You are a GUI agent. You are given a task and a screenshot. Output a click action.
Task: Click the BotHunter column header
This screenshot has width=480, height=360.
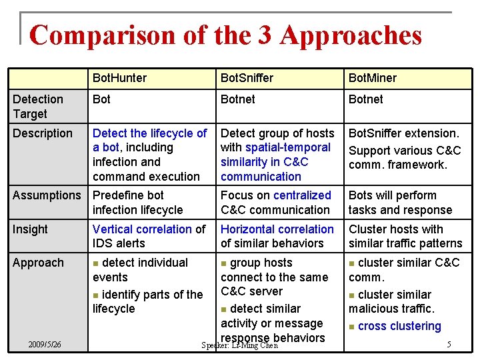119,78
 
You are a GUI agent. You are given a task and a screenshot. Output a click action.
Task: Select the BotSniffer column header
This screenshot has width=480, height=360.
247,78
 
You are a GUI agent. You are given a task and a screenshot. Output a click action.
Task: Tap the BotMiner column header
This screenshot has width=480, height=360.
372,78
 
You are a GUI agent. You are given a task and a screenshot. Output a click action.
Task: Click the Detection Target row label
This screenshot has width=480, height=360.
38,106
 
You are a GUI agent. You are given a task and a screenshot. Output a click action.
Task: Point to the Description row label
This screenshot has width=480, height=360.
43,133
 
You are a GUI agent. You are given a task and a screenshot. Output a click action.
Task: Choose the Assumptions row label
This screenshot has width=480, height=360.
47,195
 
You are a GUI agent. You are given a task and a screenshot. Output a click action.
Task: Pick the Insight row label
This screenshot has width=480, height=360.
31,229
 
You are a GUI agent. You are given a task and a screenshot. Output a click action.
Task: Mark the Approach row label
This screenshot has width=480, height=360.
38,263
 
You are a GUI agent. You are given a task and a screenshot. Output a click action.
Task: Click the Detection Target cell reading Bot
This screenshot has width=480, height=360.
101,99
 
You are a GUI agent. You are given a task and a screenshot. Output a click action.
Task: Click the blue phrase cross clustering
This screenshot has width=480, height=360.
399,326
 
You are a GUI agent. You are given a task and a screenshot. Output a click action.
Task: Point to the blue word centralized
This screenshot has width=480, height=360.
302,195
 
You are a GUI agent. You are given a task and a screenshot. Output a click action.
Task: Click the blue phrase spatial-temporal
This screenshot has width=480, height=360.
288,147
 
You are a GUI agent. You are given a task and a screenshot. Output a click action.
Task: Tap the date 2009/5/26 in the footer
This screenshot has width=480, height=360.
45,345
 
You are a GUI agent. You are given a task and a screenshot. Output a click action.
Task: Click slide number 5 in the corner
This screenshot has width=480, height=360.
449,345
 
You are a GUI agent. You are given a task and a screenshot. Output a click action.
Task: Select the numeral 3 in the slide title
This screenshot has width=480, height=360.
264,35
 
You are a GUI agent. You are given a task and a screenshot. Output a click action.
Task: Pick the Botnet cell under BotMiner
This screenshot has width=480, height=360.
365,99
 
